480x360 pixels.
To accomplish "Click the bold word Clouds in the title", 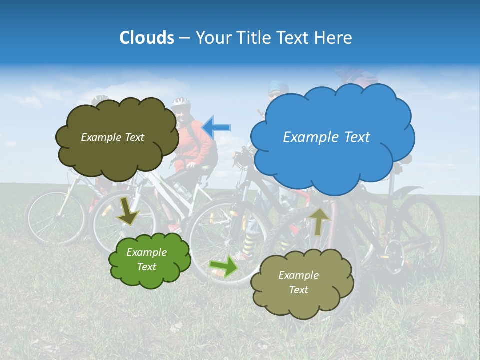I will coord(147,38).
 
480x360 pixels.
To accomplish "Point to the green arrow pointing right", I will coord(223,266).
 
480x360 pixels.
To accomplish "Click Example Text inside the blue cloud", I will coord(326,137).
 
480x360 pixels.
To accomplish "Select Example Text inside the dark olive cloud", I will coord(112,137).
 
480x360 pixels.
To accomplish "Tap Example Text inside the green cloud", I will coord(147,260).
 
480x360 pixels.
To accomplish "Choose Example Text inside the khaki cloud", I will coord(299,282).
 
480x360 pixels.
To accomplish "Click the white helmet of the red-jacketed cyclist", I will coord(181,103).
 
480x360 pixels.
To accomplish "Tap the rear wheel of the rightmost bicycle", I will coord(420,235).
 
